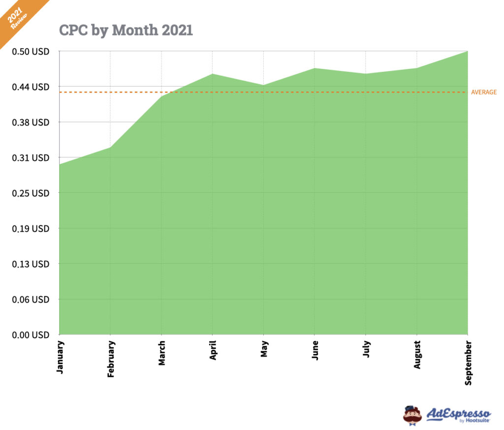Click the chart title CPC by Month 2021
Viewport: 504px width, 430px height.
[x=126, y=30]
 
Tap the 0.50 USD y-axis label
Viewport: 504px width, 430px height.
[x=31, y=51]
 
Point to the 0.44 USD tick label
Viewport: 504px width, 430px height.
[x=31, y=87]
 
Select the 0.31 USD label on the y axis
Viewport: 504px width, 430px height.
[x=31, y=157]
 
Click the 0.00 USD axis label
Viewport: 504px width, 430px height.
[x=31, y=335]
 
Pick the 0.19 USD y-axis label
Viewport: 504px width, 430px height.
[x=31, y=228]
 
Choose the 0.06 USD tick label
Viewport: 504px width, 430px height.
[x=31, y=299]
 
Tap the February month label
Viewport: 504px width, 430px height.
[x=111, y=359]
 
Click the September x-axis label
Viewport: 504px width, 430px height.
[x=468, y=362]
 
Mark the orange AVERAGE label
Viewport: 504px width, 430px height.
[x=484, y=92]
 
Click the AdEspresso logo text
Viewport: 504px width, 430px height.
[x=459, y=414]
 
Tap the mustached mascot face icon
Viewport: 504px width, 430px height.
[x=412, y=415]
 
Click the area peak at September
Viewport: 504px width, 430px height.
[x=467, y=51]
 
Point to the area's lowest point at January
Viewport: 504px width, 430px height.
[x=60, y=164]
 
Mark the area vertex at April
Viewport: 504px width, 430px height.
[x=212, y=74]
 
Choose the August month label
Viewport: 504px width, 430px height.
[x=416, y=353]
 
